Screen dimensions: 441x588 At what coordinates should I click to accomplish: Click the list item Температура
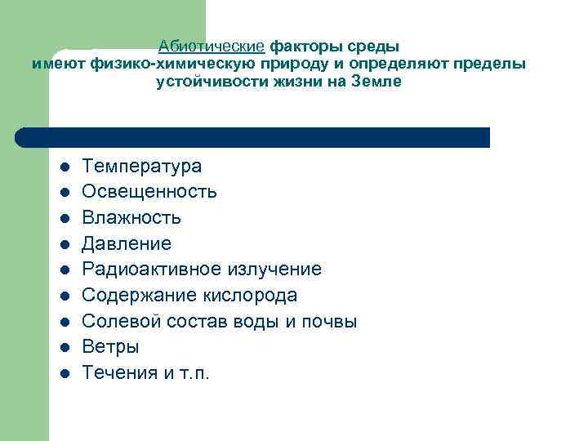point(142,167)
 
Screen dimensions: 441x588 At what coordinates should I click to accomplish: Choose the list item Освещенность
point(149,192)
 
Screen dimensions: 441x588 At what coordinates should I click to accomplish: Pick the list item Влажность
point(131,218)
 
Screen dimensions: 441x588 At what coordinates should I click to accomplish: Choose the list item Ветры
point(111,347)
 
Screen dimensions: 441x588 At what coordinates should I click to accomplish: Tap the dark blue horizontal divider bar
point(253,137)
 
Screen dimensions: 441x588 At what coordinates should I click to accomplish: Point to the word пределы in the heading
point(497,64)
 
